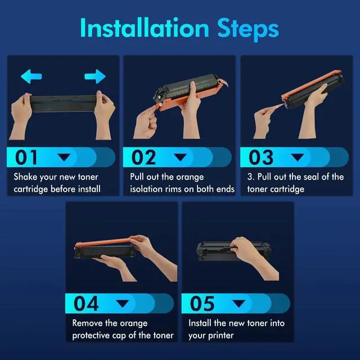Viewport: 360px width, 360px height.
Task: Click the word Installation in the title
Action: tap(145, 28)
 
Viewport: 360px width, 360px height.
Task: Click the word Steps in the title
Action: tap(248, 29)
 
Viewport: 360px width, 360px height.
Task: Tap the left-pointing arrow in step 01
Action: tap(31, 76)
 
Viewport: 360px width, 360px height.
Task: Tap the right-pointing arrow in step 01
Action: tap(95, 76)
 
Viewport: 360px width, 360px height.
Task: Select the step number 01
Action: tap(26, 157)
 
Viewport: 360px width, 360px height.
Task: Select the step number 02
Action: tap(143, 157)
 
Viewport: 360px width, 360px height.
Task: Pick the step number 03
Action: tap(261, 157)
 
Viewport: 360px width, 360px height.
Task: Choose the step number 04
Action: tap(86, 303)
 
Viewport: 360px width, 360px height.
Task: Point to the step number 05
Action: tap(202, 303)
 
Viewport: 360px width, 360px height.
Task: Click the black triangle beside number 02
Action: tap(180, 157)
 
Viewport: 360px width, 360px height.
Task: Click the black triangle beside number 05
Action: tap(238, 304)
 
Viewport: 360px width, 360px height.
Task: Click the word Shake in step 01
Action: tap(25, 177)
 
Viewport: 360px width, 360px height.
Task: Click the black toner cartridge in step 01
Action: tap(64, 103)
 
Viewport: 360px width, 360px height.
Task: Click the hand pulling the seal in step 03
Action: tap(264, 121)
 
